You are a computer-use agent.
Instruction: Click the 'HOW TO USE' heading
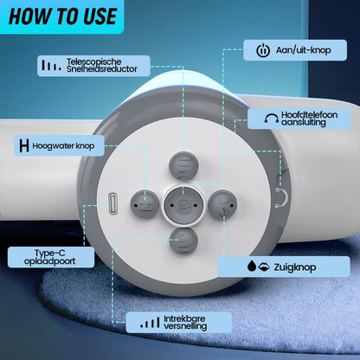coord(62,16)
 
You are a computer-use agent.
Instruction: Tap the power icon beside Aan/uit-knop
coord(263,50)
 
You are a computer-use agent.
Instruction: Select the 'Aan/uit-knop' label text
coord(303,50)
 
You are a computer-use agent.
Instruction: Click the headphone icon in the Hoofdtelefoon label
coord(271,119)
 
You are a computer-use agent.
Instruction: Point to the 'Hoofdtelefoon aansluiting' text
coord(309,119)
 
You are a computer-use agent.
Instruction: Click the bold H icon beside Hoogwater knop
coord(24,145)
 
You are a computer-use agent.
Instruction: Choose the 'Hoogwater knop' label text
coord(63,145)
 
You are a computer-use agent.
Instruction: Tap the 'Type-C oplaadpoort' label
coord(50,257)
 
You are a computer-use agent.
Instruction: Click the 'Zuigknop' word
coord(295,267)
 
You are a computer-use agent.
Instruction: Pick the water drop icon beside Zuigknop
coord(252,266)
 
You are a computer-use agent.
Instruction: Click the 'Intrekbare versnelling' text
coord(185,323)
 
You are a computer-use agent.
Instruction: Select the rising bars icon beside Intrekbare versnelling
coord(150,323)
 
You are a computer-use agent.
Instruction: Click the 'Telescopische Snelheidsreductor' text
coord(102,66)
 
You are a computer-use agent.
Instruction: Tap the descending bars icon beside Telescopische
coord(51,66)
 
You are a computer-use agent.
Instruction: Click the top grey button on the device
coord(183,166)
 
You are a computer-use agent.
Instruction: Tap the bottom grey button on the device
coord(183,241)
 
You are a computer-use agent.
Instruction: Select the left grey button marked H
coord(145,204)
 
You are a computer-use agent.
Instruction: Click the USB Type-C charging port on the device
coord(112,204)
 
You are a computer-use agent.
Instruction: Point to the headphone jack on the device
coord(281,197)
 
